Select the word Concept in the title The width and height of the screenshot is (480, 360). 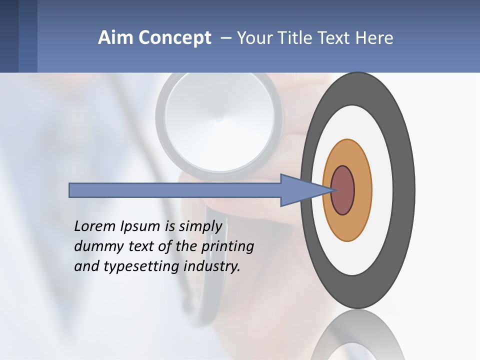point(174,38)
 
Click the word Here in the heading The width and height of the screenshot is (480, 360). point(375,38)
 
